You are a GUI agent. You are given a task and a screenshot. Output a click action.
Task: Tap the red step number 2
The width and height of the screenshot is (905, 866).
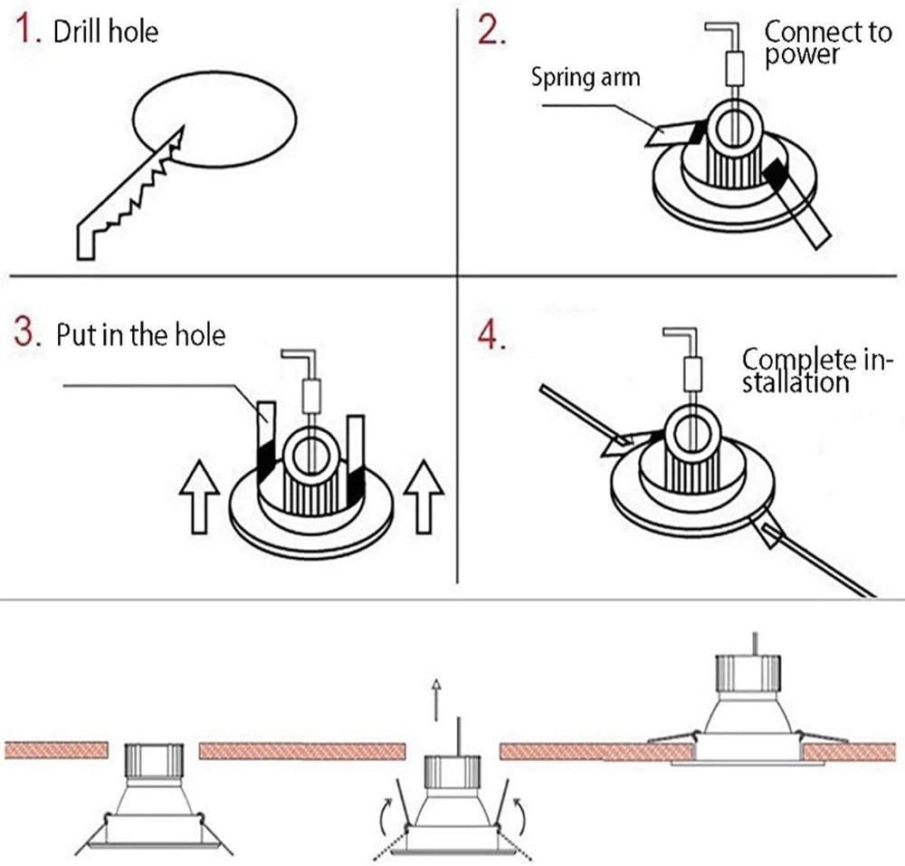pyautogui.click(x=491, y=30)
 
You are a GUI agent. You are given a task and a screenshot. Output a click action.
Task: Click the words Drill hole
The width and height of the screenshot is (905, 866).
pyautogui.click(x=106, y=31)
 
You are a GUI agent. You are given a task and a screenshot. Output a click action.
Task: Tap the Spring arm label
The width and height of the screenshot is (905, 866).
pyautogui.click(x=586, y=77)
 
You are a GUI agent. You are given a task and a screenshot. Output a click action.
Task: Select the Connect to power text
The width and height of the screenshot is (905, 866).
pyautogui.click(x=828, y=43)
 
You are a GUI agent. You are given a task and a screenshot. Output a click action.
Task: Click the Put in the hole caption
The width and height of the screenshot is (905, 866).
pyautogui.click(x=141, y=335)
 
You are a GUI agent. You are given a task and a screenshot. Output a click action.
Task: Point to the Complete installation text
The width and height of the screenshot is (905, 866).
pyautogui.click(x=816, y=370)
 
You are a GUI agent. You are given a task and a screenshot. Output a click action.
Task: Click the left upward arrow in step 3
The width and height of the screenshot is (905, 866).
pyautogui.click(x=199, y=496)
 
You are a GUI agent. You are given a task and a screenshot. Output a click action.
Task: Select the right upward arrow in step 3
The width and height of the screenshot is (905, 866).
pyautogui.click(x=424, y=496)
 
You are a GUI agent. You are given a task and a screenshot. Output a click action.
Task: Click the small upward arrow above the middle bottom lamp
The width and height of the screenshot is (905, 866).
pyautogui.click(x=436, y=699)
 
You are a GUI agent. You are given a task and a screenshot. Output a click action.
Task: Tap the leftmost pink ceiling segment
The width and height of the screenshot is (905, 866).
pyautogui.click(x=56, y=750)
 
